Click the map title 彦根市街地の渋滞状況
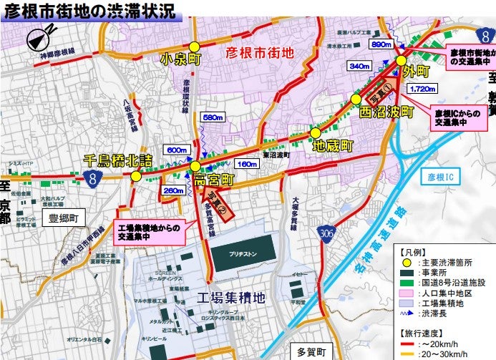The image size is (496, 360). pyautogui.click(x=89, y=11)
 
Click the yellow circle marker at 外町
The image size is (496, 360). pyautogui.click(x=402, y=61)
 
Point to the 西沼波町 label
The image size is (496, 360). pyautogui.click(x=386, y=112)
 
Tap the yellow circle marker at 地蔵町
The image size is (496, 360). pyautogui.click(x=315, y=132)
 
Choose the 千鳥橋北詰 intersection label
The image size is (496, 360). pyautogui.click(x=118, y=160)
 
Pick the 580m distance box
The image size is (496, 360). pyautogui.click(x=214, y=117)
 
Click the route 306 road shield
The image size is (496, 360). pyautogui.click(x=327, y=233)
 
